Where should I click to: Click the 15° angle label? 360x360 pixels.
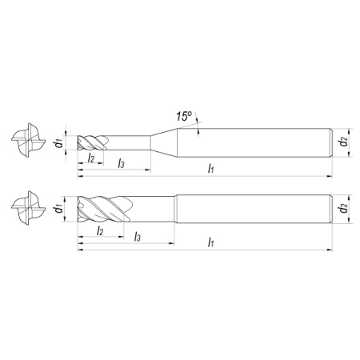(x=184, y=116)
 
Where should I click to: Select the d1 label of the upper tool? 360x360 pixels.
(x=59, y=143)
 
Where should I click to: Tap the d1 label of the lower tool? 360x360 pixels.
(x=59, y=209)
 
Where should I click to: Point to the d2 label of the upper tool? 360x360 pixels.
(x=344, y=142)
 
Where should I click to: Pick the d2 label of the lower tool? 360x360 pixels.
(x=344, y=208)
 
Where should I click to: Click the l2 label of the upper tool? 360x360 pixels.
(x=91, y=158)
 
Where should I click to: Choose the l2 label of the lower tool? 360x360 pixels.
(x=99, y=231)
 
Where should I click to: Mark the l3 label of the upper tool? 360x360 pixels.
(x=121, y=163)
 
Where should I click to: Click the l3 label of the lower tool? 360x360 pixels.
(x=138, y=236)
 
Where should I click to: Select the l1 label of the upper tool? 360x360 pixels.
(x=210, y=168)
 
